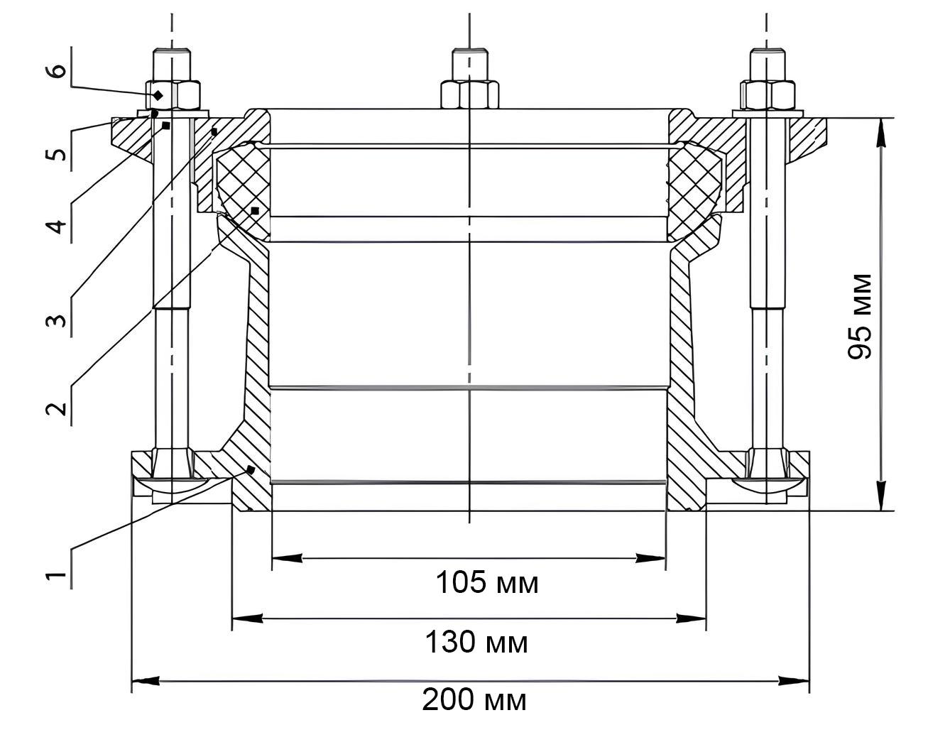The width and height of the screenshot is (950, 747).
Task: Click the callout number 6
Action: [56, 70]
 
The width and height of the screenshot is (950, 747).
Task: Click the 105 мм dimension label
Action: [487, 583]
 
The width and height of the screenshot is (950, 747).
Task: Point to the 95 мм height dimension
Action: [860, 317]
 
